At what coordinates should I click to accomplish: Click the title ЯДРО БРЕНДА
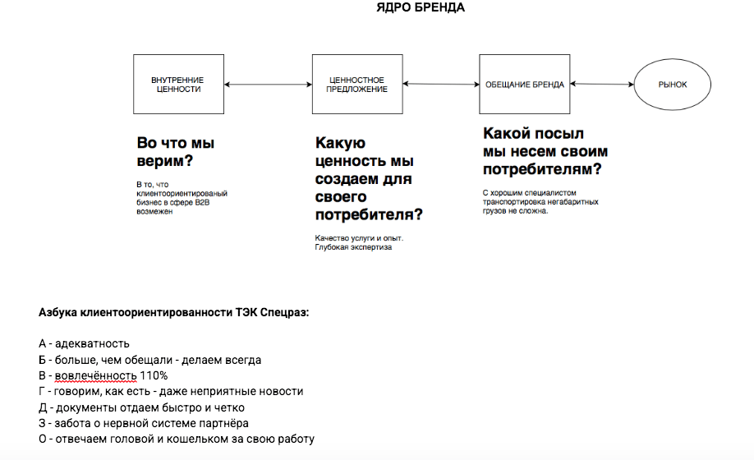click(x=420, y=8)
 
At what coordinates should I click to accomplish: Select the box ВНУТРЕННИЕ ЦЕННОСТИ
click(x=177, y=85)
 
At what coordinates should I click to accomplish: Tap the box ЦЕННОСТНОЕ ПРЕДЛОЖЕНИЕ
click(x=357, y=85)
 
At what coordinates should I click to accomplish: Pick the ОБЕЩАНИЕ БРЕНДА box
click(x=524, y=85)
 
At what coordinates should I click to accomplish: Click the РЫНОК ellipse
click(x=673, y=85)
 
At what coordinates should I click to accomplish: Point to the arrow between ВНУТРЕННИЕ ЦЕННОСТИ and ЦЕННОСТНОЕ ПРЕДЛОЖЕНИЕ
click(x=267, y=85)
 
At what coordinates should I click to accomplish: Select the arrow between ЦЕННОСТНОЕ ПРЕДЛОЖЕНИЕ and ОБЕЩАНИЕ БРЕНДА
click(x=441, y=84)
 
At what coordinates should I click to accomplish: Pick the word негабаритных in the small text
click(x=574, y=201)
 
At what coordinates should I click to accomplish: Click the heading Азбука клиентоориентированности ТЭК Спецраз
click(x=173, y=313)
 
